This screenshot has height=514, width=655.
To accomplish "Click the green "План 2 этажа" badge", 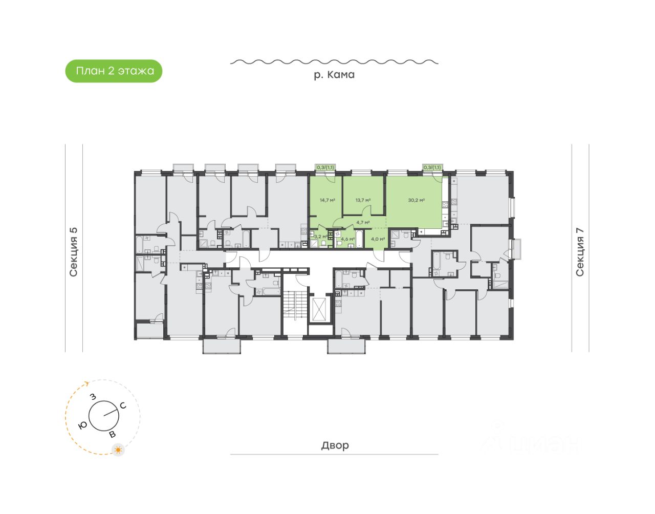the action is (x=114, y=71).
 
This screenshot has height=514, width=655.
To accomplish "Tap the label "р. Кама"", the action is (x=334, y=75).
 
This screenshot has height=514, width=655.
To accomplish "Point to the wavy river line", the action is (x=334, y=62).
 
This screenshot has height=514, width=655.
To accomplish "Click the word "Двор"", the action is (x=335, y=445).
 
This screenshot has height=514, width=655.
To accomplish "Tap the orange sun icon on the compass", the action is (x=119, y=450).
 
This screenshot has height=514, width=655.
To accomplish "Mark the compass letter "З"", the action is (x=93, y=397).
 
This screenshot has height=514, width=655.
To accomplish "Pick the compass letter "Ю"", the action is (x=82, y=425).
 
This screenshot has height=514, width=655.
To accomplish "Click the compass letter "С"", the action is (x=123, y=406).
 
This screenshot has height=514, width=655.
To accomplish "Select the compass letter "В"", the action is (x=113, y=435).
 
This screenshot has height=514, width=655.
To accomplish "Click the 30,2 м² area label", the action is (x=416, y=200).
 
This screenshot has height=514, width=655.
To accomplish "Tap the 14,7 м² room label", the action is (x=327, y=200).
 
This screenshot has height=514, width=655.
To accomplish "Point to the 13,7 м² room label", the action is (x=363, y=200).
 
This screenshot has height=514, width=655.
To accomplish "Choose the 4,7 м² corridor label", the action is (x=363, y=222).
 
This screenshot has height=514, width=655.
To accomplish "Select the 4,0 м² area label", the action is (x=378, y=239).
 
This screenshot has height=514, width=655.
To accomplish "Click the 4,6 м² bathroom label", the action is (x=347, y=239).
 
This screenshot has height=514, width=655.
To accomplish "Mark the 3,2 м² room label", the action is (x=320, y=237).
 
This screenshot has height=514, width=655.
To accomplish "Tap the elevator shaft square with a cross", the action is (x=320, y=309).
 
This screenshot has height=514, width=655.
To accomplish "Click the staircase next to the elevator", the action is (x=290, y=306).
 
